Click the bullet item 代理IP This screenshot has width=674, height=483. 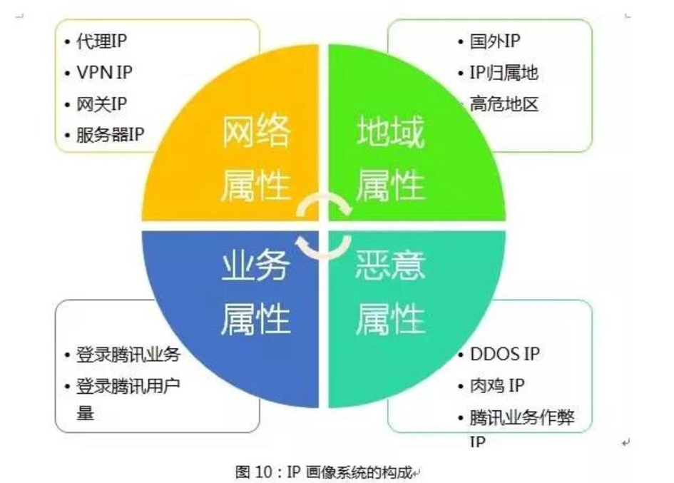[102, 41]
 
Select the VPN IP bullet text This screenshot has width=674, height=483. [104, 72]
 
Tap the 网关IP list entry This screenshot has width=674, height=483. [102, 103]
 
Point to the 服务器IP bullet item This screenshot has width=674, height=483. [110, 135]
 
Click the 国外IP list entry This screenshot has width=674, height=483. [495, 41]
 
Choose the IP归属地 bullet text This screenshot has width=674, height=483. [504, 72]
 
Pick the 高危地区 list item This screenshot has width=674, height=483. [504, 103]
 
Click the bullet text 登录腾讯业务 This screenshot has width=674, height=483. [128, 355]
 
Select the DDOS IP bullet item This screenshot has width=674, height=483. [505, 354]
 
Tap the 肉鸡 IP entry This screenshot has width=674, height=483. [497, 385]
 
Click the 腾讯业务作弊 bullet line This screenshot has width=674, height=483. [522, 417]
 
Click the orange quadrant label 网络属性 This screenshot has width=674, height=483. [256, 158]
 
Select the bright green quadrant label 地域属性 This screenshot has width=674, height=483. [391, 158]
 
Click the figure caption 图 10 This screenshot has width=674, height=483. [254, 472]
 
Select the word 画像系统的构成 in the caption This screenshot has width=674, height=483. [359, 472]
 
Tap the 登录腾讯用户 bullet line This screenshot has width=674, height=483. [128, 386]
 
